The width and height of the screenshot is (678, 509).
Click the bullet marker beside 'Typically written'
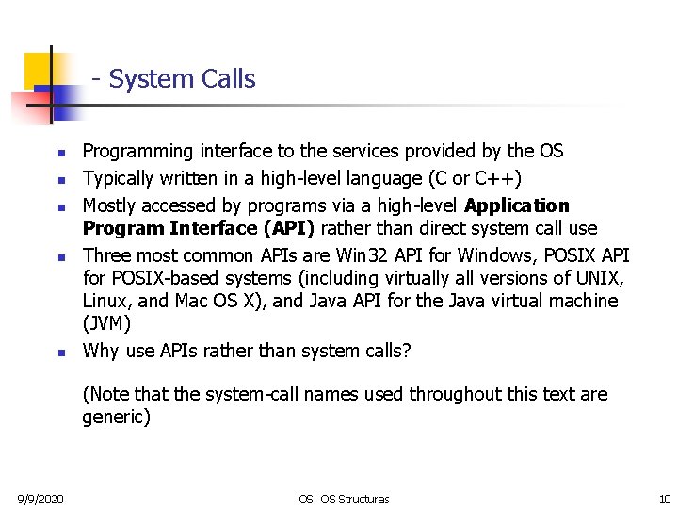pyautogui.click(x=58, y=179)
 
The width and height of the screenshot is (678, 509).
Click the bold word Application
pyautogui.click(x=517, y=205)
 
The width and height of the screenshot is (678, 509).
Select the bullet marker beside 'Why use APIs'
pyautogui.click(x=58, y=353)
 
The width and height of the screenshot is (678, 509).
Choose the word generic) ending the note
pyautogui.click(x=116, y=417)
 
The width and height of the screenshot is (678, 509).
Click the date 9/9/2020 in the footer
pyautogui.click(x=40, y=499)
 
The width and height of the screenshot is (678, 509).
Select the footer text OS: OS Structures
pyautogui.click(x=344, y=499)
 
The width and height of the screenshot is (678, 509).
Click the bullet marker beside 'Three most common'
pyautogui.click(x=58, y=256)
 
